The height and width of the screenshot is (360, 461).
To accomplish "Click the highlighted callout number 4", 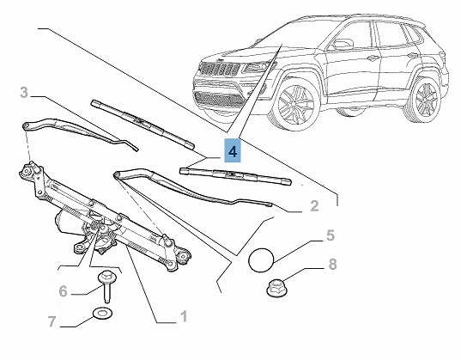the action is pyautogui.click(x=233, y=151).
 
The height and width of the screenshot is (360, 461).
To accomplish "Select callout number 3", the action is pyautogui.click(x=24, y=93).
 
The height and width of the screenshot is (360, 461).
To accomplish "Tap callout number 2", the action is pyautogui.click(x=314, y=206).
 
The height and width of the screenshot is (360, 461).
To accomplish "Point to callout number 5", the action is pyautogui.click(x=331, y=235).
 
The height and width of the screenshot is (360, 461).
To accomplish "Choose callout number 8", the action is pyautogui.click(x=332, y=264).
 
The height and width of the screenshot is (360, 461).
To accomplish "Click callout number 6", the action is pyautogui.click(x=64, y=291).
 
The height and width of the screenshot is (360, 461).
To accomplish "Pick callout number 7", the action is pyautogui.click(x=52, y=321).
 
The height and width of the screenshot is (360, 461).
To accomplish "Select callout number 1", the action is pyautogui.click(x=184, y=317).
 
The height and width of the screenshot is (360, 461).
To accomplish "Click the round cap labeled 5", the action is pyautogui.click(x=261, y=260).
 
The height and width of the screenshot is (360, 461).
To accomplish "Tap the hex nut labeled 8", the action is pyautogui.click(x=277, y=289).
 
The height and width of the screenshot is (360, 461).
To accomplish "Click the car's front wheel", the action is pyautogui.click(x=295, y=106).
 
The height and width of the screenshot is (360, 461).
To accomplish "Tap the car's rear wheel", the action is pyautogui.click(x=423, y=98).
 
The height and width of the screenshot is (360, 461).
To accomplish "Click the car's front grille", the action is pyautogui.click(x=220, y=68).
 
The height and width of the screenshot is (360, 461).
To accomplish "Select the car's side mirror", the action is pyautogui.click(x=343, y=44).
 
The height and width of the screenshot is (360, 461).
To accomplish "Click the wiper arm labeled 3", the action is pyautogui.click(x=79, y=131).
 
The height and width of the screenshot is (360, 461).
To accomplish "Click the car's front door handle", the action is pyautogui.click(x=373, y=58).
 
